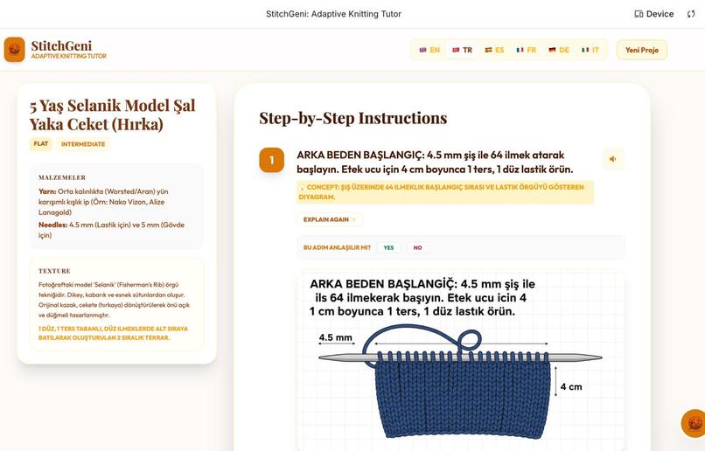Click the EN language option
tap(429, 50)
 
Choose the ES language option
tap(494, 50)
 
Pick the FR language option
tap(527, 50)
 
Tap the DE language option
tap(559, 50)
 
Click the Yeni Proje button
tap(642, 50)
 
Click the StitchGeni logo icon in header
tap(14, 49)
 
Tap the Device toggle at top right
tap(654, 14)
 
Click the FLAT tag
tap(41, 144)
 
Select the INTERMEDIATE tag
tap(83, 144)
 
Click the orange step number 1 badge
tap(271, 160)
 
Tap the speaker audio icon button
tap(613, 158)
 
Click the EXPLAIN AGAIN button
tap(329, 219)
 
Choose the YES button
tap(388, 247)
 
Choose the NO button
tap(417, 247)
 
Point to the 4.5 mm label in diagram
tap(335, 337)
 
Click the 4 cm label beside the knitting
tap(571, 386)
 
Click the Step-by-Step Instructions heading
tap(352, 118)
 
